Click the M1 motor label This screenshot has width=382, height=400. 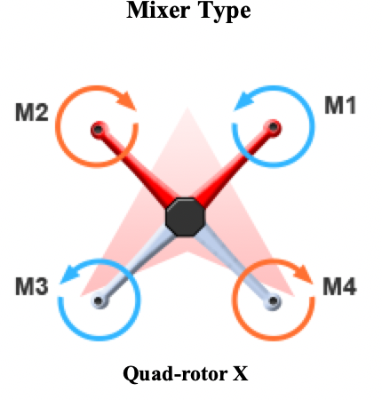(x=340, y=105)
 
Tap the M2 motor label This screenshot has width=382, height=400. (x=32, y=113)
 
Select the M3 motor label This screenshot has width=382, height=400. (x=32, y=287)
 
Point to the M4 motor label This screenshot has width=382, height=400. (x=339, y=287)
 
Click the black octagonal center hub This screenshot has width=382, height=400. (x=186, y=217)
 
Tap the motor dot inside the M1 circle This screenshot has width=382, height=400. (x=274, y=127)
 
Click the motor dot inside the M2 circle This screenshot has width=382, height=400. (x=99, y=130)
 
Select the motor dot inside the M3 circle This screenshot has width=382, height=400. (x=99, y=301)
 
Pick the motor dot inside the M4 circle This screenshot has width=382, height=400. (x=274, y=301)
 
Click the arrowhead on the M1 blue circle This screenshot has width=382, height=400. (x=243, y=102)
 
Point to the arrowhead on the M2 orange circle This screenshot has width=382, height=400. (x=127, y=100)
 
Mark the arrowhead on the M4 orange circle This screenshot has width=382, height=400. (x=303, y=274)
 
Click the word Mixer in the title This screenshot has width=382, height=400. (x=157, y=10)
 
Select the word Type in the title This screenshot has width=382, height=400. (x=225, y=12)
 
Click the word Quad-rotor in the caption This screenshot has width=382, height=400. (x=175, y=374)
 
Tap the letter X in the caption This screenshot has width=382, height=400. (x=240, y=374)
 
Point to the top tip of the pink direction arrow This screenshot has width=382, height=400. (x=187, y=108)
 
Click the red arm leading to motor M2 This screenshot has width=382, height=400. (x=135, y=166)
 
